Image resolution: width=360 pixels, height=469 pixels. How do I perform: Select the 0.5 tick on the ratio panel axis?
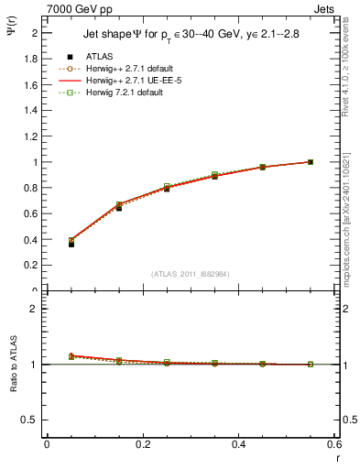[x=33, y=420]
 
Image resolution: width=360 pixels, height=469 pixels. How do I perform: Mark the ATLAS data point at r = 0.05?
[x=71, y=245]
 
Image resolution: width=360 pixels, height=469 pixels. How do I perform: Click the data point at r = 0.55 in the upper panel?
[x=311, y=162]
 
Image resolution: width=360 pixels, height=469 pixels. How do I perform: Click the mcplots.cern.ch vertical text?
[x=351, y=229]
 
